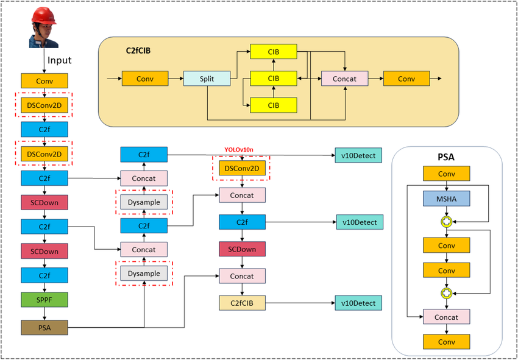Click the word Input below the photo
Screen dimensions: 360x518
60,60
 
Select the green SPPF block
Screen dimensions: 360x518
44,300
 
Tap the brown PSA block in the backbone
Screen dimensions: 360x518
44,328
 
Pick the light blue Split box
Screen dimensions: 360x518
207,79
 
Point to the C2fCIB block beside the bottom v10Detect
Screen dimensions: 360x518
243,303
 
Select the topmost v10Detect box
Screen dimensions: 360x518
358,155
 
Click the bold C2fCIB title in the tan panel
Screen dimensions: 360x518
135,51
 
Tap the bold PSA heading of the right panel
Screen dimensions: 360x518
446,157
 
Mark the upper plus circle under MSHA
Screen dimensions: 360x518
447,222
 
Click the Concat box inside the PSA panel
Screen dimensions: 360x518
447,317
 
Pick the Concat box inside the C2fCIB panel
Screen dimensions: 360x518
345,79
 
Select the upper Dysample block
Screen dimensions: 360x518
144,202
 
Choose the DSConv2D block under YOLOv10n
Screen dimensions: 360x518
243,168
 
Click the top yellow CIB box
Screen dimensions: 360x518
274,52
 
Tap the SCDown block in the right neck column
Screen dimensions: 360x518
243,249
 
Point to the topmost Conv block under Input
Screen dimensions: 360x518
44,80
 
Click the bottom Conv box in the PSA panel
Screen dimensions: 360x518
447,342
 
